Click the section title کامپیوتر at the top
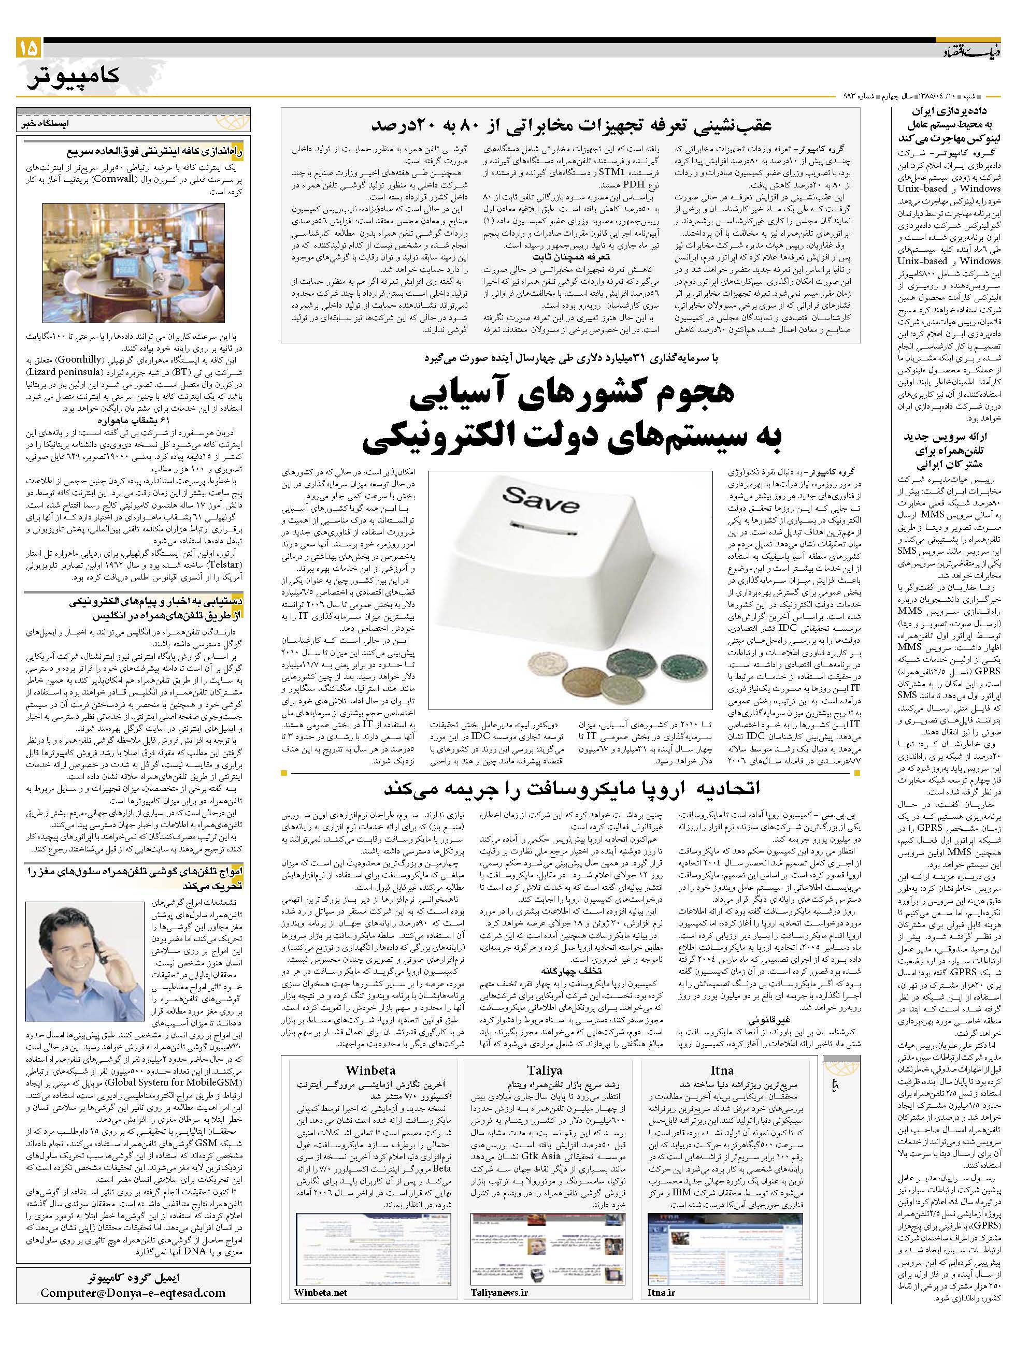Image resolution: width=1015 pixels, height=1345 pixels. coord(74,76)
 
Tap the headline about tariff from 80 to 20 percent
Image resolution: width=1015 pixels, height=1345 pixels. coord(571,125)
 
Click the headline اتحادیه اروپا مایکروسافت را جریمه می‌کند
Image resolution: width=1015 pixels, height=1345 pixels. coord(571,789)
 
